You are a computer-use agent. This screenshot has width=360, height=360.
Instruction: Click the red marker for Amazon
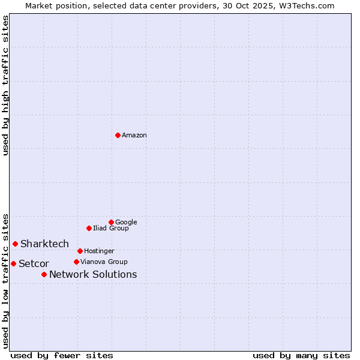pos(118,135)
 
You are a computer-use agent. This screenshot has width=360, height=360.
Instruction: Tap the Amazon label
pos(134,136)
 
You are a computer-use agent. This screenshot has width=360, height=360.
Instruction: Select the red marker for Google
pos(111,222)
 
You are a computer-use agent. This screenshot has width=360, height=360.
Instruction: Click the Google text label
pos(126,223)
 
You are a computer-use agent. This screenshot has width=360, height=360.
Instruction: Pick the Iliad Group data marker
pos(89,228)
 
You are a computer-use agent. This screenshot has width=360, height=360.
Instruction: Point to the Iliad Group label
pos(111,229)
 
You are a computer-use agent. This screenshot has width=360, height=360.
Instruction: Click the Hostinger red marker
pos(80,251)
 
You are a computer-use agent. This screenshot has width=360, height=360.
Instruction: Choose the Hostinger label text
pos(99,251)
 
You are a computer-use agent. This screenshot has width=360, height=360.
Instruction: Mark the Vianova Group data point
pos(76,262)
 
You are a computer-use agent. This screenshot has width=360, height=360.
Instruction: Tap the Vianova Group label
pos(104,262)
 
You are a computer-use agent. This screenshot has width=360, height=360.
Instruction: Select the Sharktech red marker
pos(15,244)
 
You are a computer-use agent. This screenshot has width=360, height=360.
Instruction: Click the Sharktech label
pos(44,244)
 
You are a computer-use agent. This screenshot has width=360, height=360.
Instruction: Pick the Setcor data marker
pos(13,263)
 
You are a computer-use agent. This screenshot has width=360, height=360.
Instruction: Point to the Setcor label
pos(34,264)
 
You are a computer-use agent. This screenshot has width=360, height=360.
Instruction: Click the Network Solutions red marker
pos(44,274)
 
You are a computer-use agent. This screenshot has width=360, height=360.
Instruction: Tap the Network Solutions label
pos(93,275)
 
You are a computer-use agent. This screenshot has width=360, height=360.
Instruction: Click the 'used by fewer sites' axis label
pos(62,356)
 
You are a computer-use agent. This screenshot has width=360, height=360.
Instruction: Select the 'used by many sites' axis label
pos(301,356)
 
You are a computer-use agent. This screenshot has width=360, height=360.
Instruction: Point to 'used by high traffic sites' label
pos(5,85)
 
